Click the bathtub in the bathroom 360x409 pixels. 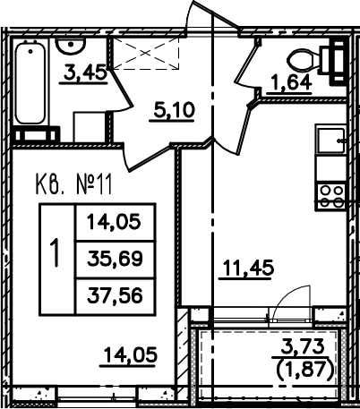tap(30, 82)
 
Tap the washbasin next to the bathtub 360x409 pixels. tap(71, 46)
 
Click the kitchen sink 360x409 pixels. tap(330, 140)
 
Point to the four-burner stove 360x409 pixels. tap(330, 196)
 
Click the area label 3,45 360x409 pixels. tap(85, 72)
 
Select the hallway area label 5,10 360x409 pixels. tap(173, 110)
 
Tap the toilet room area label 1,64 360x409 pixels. tap(290, 83)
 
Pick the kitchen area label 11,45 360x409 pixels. tap(246, 268)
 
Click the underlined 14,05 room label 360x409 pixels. tap(130, 354)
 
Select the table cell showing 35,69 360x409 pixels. tap(115, 259)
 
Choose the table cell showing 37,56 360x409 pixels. tap(115, 296)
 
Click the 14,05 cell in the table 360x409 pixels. tap(115, 222)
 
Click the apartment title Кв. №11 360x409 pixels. tap(74, 184)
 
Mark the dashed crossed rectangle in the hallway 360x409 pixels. tap(146, 54)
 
